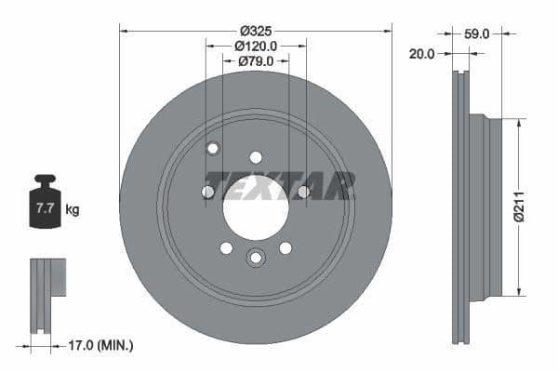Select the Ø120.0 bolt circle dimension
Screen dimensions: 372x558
click(256, 45)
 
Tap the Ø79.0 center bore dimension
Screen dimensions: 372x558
click(256, 61)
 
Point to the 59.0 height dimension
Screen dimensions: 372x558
click(476, 33)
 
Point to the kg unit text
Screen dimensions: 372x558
click(73, 210)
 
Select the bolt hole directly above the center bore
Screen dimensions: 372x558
click(256, 157)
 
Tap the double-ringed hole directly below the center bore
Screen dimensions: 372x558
click(256, 258)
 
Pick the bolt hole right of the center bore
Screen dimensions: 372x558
click(303, 192)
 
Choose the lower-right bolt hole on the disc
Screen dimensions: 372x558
click(286, 247)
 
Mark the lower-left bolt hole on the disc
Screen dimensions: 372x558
click(226, 247)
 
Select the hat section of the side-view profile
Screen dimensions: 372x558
click(486, 208)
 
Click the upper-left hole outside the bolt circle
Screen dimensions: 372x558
click(212, 148)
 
